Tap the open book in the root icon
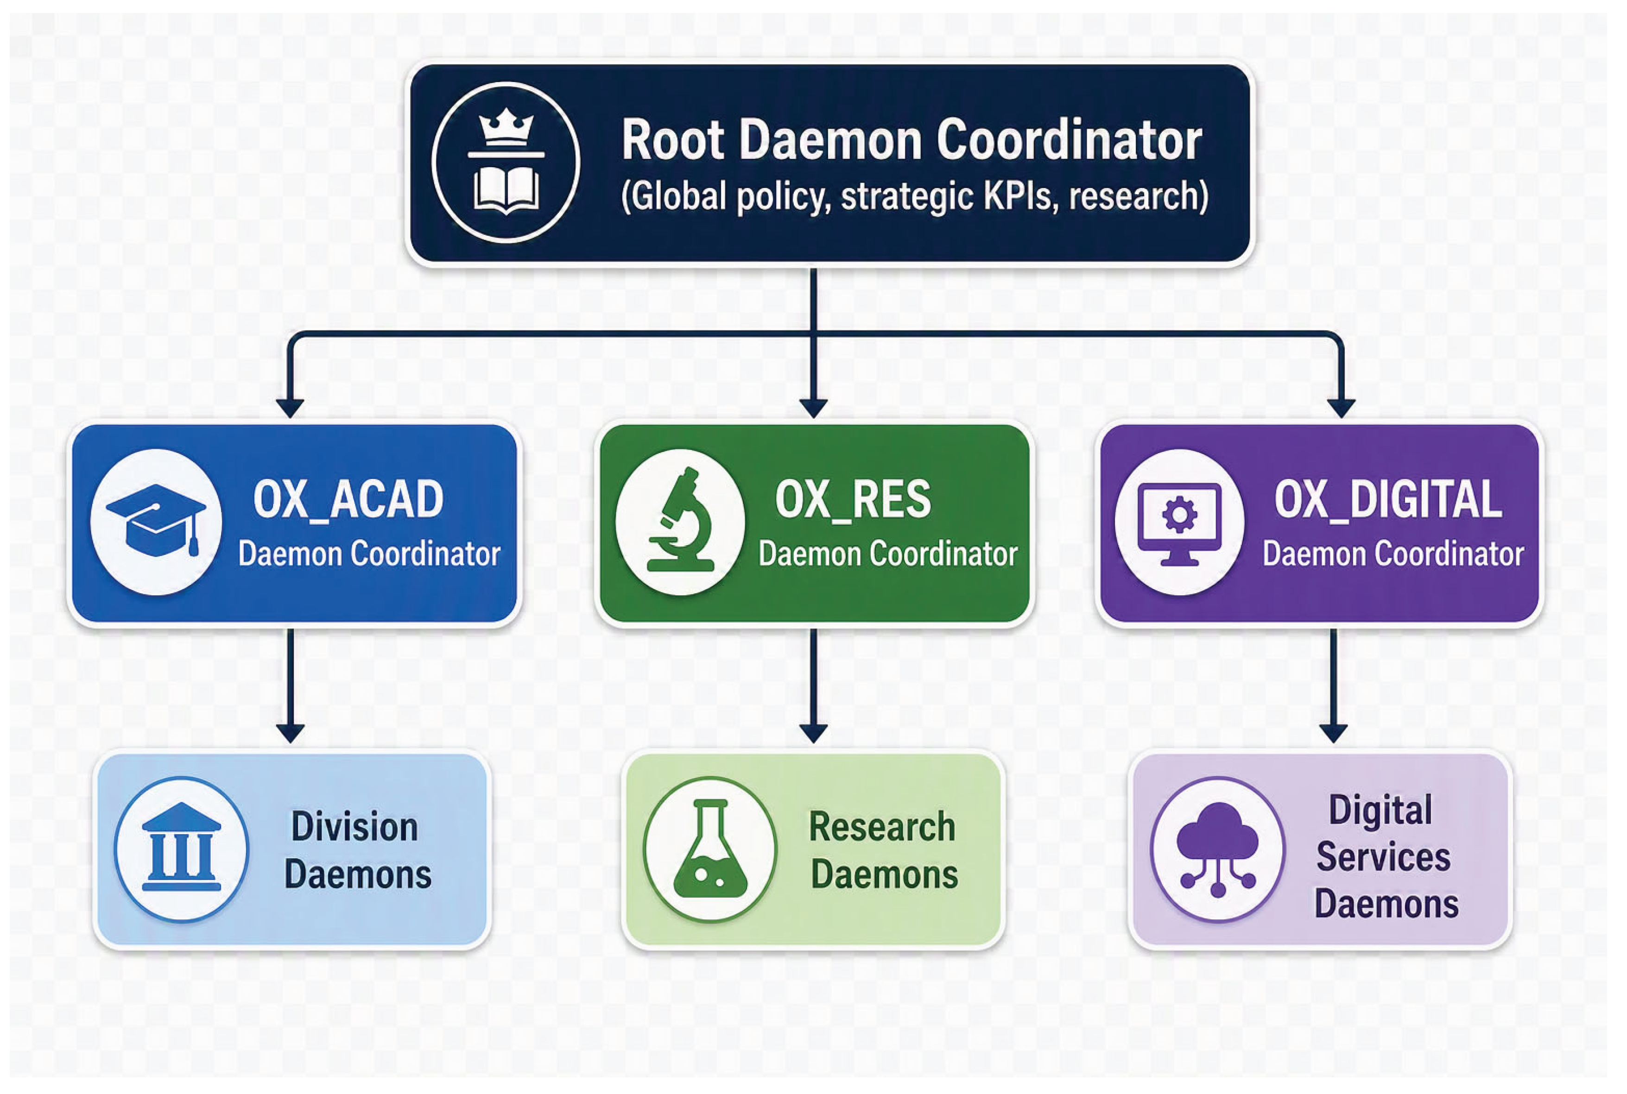click(506, 190)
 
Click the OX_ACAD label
click(348, 500)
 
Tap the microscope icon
click(680, 520)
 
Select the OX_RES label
click(853, 500)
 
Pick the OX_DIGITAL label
click(1387, 500)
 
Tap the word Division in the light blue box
click(355, 828)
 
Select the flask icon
click(710, 849)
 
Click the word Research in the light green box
click(882, 828)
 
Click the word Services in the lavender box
click(1383, 857)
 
